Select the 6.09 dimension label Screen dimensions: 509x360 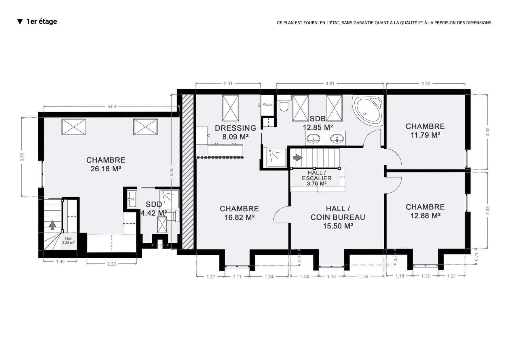tap(112, 107)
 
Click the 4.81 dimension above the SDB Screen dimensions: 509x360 tap(330, 84)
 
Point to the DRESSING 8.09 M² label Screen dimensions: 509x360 tap(235, 132)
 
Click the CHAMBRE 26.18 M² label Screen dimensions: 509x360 tap(106, 164)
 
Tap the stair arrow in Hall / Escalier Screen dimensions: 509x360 tap(298, 158)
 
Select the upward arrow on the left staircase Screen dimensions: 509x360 tap(52, 225)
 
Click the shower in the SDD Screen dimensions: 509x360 tap(170, 199)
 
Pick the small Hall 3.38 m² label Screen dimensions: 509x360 tap(68, 240)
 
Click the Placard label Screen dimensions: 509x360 tap(268, 105)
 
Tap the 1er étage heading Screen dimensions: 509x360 tap(41, 22)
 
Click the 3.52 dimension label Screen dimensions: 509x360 tap(426, 84)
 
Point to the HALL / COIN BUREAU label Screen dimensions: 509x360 tap(338, 217)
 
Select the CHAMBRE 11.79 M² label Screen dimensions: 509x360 tap(425, 130)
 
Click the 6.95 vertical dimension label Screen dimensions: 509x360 tap(172, 172)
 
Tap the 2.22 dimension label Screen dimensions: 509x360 tap(111, 264)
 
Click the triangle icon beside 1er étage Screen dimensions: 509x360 tap(20, 22)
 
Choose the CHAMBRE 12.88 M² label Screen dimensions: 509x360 tap(425, 211)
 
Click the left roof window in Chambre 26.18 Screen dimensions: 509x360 tap(74, 127)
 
